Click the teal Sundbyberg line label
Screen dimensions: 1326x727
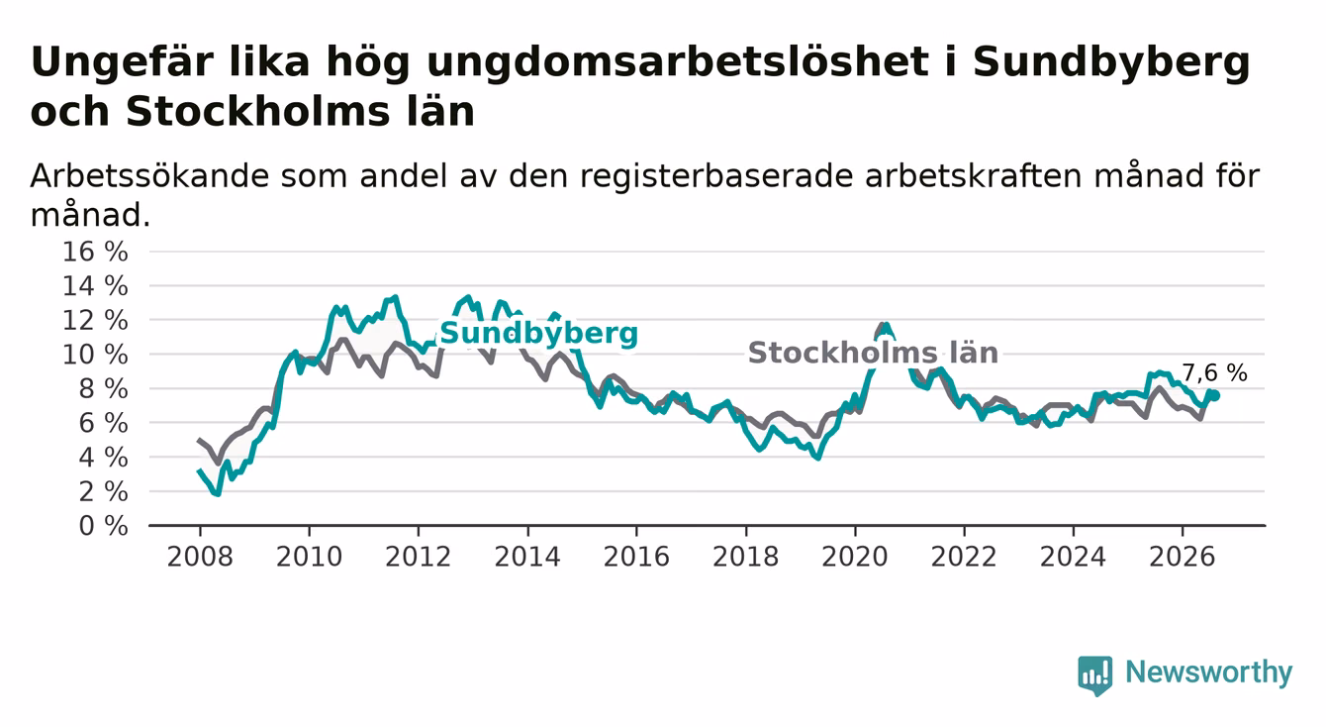[x=538, y=334]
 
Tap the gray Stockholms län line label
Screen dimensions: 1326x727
[x=873, y=354]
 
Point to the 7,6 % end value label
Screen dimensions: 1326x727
[x=1214, y=372]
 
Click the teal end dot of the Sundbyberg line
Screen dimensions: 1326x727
[x=1214, y=395]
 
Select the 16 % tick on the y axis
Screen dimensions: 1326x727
[x=95, y=252]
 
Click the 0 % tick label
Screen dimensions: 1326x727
[x=104, y=526]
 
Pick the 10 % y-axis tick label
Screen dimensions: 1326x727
[x=95, y=355]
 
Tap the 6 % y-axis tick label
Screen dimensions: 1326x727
[x=104, y=423]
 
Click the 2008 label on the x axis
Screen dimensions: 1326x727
[x=200, y=557]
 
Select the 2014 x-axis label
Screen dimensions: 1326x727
[x=527, y=557]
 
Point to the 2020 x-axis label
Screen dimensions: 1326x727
[x=855, y=557]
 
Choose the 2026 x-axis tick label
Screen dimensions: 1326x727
[x=1183, y=557]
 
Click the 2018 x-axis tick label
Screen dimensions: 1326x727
[x=746, y=557]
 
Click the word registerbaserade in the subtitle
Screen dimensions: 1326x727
[x=716, y=177]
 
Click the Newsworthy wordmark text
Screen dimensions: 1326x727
[x=1209, y=674]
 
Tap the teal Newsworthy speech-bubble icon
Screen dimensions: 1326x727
[x=1095, y=675]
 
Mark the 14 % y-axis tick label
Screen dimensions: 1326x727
[x=95, y=286]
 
